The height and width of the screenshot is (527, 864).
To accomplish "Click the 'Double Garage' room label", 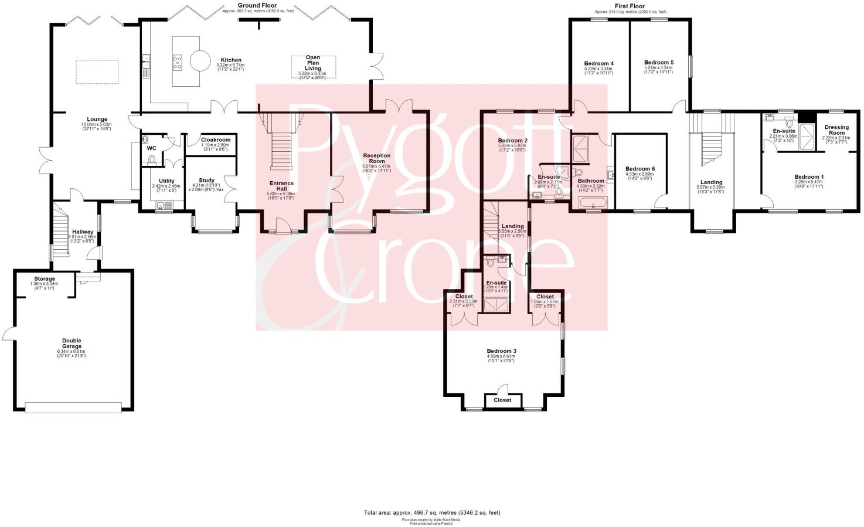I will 72,344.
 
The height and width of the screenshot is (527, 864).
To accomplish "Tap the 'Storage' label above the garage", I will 44,279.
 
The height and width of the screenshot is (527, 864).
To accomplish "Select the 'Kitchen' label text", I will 231,60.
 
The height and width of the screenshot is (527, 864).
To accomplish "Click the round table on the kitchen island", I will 199,61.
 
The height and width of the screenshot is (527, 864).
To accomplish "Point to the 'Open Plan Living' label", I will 313,63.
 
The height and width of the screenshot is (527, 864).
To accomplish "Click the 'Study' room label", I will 206,181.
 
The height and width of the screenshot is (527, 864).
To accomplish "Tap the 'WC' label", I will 151,148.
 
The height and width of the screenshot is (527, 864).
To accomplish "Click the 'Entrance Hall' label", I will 281,186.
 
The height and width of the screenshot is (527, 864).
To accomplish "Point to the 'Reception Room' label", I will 376,158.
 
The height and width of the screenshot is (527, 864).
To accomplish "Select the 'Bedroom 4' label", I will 598,63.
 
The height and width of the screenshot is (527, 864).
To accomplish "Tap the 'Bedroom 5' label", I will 658,62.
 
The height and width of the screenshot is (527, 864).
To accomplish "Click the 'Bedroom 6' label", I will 640,169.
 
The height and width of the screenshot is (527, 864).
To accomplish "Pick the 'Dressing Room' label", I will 836,130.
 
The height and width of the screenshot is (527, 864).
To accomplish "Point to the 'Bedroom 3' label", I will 501,351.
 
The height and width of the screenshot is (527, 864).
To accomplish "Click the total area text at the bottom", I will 432,512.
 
